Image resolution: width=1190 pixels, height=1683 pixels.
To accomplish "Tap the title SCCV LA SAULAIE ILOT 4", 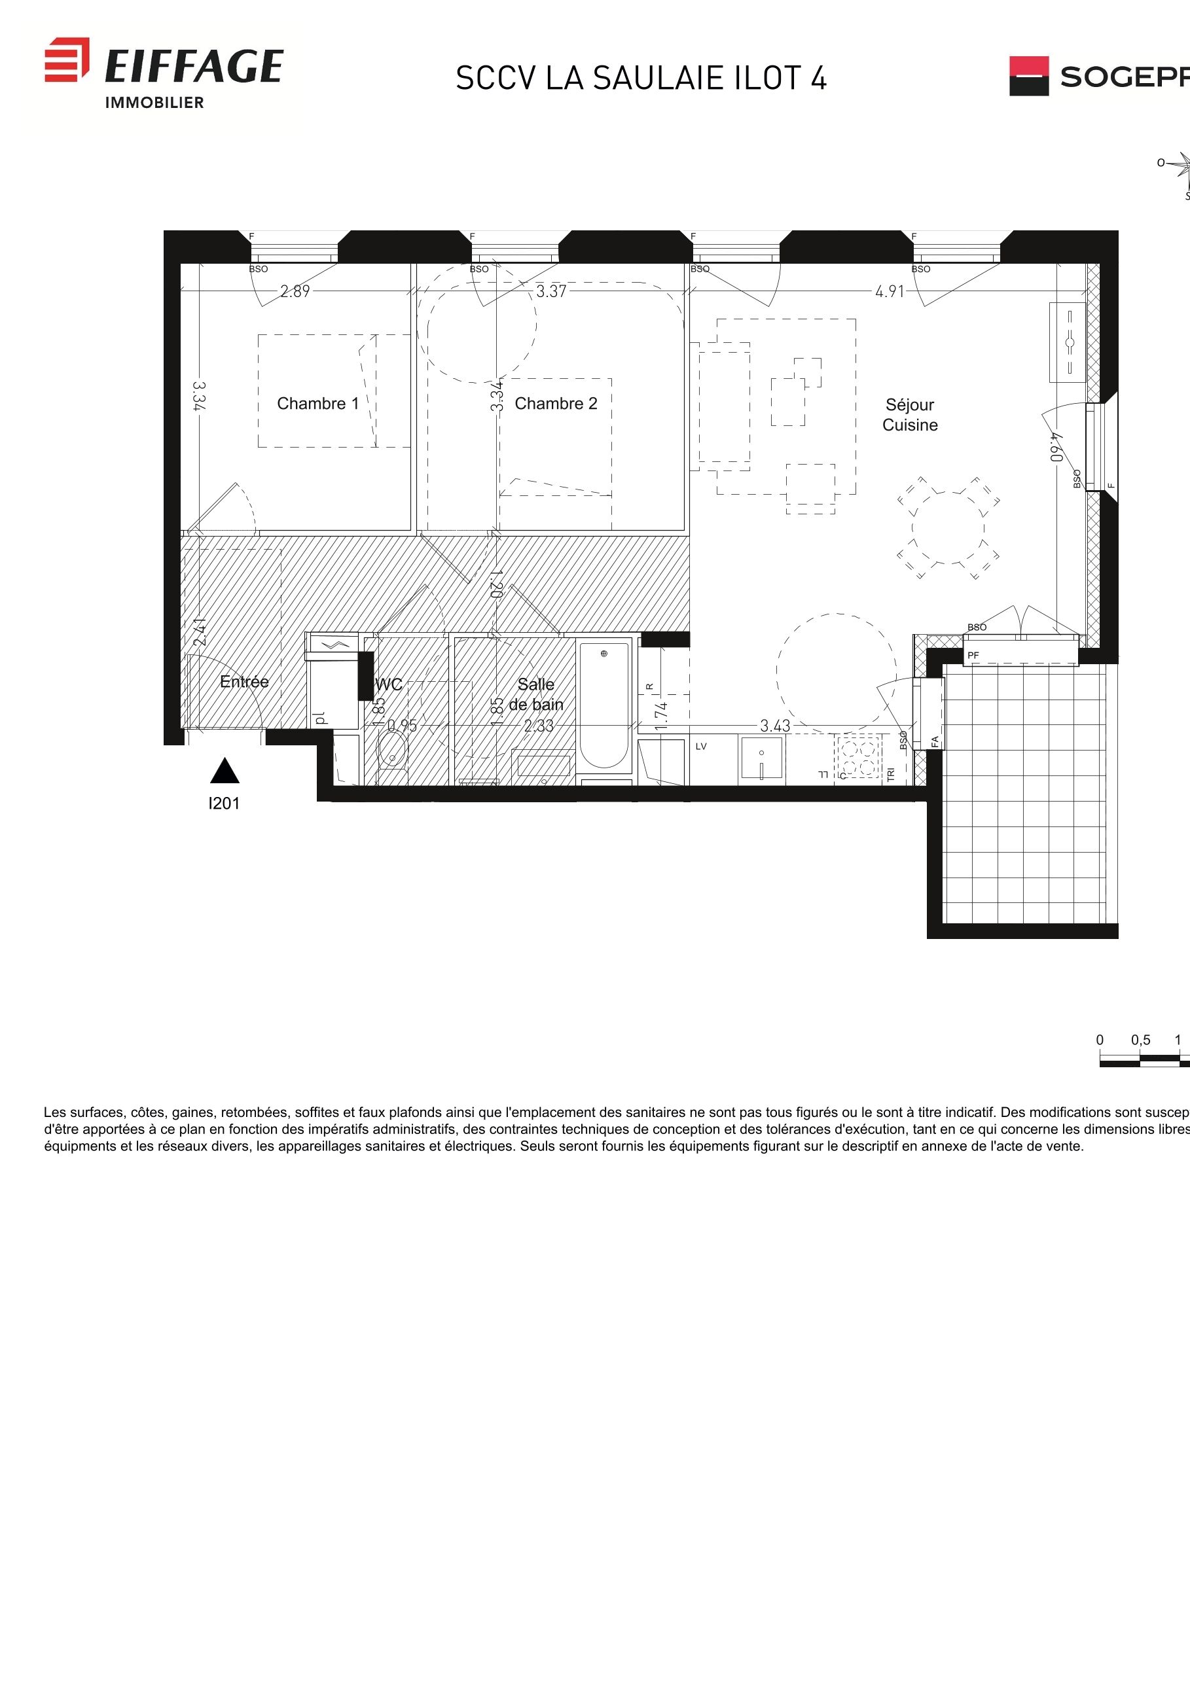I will [x=641, y=79].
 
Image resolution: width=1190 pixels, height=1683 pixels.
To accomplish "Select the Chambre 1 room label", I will [x=317, y=403].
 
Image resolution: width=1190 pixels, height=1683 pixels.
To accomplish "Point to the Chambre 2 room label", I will [x=556, y=403].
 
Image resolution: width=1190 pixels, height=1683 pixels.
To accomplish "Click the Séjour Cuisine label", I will [x=909, y=415].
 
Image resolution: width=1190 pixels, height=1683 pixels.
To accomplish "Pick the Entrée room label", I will [x=244, y=682].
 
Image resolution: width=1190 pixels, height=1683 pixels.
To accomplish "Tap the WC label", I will [x=389, y=684].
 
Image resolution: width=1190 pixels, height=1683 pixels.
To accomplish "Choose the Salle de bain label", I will [x=537, y=694].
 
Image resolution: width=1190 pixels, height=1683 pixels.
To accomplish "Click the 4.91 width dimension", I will [x=890, y=292].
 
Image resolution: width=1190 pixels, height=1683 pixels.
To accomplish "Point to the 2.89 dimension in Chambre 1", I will [x=295, y=292].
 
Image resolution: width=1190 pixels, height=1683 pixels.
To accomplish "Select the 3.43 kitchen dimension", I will [x=774, y=726].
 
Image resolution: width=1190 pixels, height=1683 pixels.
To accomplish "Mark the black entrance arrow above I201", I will [x=225, y=771].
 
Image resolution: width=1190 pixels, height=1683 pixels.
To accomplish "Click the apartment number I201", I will [x=224, y=804].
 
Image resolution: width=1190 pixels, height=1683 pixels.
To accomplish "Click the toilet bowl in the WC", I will [x=392, y=751].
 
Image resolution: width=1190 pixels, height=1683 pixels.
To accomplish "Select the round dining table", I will [x=947, y=528].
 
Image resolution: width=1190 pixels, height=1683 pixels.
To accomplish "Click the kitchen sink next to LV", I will [x=762, y=760].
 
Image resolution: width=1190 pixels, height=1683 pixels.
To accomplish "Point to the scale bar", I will [x=1144, y=1059].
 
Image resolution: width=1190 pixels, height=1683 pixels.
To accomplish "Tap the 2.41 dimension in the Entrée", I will [x=200, y=632].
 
